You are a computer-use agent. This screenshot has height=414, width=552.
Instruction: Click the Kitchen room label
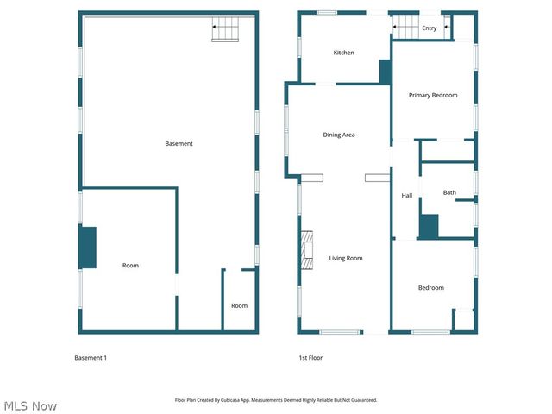(x=344, y=53)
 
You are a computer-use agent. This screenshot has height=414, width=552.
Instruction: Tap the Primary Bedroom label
(x=433, y=95)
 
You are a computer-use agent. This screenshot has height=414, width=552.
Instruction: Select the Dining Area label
(x=339, y=135)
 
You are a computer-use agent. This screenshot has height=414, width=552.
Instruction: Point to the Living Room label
(x=345, y=258)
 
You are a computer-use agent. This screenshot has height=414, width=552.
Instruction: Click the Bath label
(x=449, y=192)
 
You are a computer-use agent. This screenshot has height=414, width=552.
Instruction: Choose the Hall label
(x=407, y=196)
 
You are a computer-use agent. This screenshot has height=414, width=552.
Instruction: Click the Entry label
(x=429, y=28)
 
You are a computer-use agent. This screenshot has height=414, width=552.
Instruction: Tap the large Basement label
(x=179, y=143)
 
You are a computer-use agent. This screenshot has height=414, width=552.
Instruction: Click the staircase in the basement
(x=226, y=32)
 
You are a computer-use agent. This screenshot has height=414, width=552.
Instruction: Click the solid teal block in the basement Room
(x=88, y=248)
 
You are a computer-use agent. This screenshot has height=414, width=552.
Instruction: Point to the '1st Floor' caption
(x=310, y=357)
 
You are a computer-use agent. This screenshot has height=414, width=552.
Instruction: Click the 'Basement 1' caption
(x=91, y=357)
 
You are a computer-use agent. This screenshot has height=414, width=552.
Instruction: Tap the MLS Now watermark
(x=30, y=405)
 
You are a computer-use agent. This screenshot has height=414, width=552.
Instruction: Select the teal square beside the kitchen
(x=385, y=72)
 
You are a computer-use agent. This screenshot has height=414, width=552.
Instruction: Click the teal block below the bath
(x=429, y=227)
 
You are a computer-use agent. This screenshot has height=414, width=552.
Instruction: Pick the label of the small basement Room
(x=239, y=305)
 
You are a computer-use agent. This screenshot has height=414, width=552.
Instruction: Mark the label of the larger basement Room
(x=130, y=266)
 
